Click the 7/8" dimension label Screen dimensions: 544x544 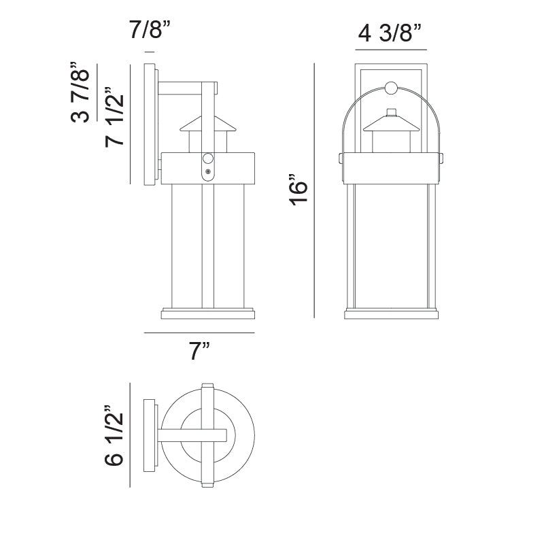tap(149, 31)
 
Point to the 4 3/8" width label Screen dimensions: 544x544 tap(390, 32)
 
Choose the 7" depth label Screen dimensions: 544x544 tap(199, 352)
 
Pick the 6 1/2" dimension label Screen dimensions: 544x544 tap(114, 436)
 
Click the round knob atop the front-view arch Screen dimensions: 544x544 tap(391, 87)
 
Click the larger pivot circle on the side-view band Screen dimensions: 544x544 tap(208, 158)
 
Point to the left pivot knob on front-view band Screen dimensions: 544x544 tap(339, 158)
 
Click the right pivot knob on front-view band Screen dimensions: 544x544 tap(443, 158)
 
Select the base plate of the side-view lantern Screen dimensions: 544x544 tap(207, 313)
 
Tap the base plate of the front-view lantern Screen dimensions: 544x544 tap(391, 313)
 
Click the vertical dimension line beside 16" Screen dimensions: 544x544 tap(314, 190)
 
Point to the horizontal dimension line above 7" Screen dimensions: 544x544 tap(199, 333)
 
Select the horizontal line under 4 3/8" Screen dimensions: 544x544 tap(391, 50)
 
